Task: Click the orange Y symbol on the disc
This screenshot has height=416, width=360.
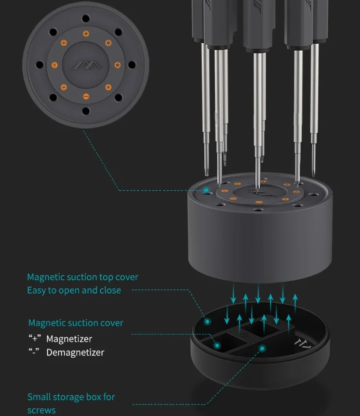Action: coord(54,65)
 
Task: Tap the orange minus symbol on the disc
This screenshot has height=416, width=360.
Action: coord(86,96)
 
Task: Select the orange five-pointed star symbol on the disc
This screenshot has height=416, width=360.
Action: coord(117,65)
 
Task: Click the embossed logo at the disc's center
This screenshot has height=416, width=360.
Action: coord(86,65)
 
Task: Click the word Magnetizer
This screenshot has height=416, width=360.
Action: coord(69,339)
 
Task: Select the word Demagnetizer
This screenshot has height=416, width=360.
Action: coord(75,352)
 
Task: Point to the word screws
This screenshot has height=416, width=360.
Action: coord(41,410)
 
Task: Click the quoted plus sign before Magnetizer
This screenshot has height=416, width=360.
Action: coord(35,338)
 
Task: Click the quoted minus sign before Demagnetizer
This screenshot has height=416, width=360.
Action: coord(34,351)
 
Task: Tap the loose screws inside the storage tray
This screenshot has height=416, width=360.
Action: coord(303,344)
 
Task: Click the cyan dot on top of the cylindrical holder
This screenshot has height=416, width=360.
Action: coord(206,190)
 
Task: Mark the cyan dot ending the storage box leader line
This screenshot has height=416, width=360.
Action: coord(262,348)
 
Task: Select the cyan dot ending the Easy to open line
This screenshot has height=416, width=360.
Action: coord(207,322)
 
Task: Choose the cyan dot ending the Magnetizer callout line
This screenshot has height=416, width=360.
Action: coord(217,345)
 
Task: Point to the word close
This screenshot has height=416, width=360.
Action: coord(110,290)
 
